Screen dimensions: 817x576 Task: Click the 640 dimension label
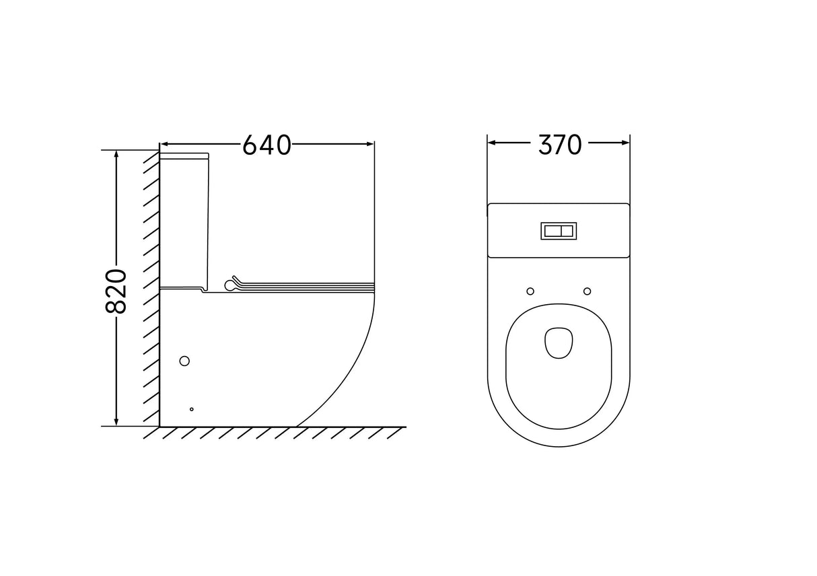267,145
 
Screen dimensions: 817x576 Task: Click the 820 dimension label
116,291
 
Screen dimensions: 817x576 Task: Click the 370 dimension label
560,145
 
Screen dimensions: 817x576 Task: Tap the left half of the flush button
553,231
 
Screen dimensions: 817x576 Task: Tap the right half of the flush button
567,231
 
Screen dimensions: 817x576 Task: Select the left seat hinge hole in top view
530,291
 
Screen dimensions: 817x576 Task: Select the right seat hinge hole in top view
588,291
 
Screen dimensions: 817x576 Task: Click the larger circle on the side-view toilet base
184,361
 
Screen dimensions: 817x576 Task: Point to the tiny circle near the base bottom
192,409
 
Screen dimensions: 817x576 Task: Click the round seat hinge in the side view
229,285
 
